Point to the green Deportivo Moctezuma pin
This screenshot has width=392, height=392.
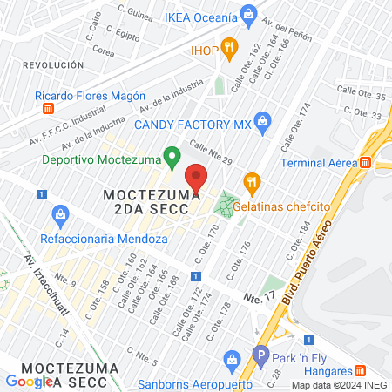coord(172,158)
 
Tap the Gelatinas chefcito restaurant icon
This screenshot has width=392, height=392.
coord(253,181)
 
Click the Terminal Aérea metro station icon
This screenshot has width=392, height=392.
coord(366,162)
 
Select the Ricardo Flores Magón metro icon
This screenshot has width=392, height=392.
coord(48,109)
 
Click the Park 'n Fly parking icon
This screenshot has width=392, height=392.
coord(260,355)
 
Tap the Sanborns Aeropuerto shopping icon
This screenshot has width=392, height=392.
coord(231,358)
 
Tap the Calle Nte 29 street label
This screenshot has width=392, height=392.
coord(210,153)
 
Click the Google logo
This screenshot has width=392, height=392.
coord(29,381)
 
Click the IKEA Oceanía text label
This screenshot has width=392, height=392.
coord(201,17)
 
